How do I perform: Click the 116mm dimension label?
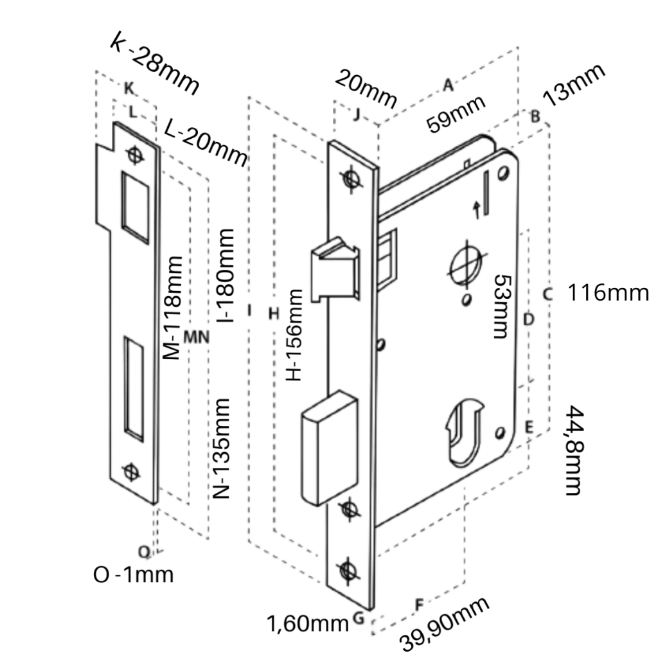pyautogui.click(x=608, y=293)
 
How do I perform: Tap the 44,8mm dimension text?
pyautogui.click(x=575, y=450)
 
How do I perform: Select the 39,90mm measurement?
pyautogui.click(x=444, y=623)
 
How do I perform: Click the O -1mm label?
pyautogui.click(x=133, y=574)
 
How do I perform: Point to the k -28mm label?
pyautogui.click(x=154, y=63)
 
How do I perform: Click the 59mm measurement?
pyautogui.click(x=456, y=114)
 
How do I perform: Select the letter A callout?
pyautogui.click(x=448, y=84)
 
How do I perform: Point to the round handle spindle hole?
pyautogui.click(x=466, y=265)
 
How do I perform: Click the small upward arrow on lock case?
pyautogui.click(x=476, y=209)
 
